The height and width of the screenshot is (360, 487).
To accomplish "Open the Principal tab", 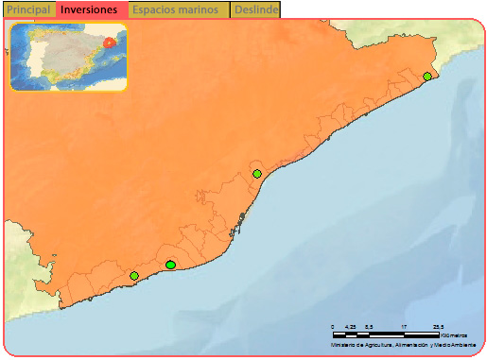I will (28, 9).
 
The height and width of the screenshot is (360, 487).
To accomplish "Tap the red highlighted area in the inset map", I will (111, 42).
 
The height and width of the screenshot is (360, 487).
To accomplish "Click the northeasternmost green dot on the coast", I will (427, 77).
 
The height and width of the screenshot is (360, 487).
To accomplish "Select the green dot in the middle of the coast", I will (257, 174).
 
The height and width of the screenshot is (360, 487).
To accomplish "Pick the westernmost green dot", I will (134, 276).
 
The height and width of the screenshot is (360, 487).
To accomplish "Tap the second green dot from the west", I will (170, 266).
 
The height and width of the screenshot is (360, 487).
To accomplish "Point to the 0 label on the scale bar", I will (333, 327).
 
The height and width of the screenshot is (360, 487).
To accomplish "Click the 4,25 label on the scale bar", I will (350, 327).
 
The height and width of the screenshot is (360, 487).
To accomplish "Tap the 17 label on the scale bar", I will (404, 327).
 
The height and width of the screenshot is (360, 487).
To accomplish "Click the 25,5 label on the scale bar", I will (439, 327).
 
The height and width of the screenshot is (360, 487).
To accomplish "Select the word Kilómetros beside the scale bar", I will (455, 334).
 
